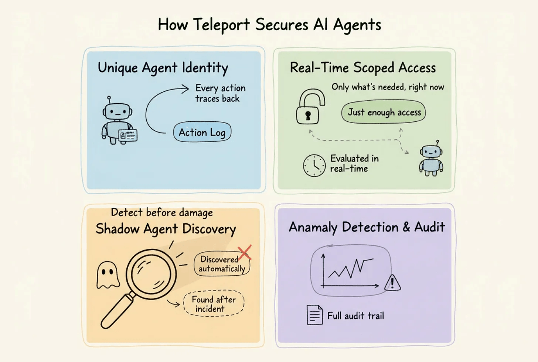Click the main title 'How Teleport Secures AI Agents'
point(269,25)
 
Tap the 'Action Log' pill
point(202,132)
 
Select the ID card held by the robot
point(128,135)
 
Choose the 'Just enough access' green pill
point(384,113)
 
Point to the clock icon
point(314,165)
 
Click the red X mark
point(245,252)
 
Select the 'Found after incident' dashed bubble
point(214,304)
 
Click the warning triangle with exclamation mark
point(392,283)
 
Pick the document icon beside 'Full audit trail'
point(314,315)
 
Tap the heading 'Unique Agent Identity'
point(163,68)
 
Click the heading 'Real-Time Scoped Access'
point(362,68)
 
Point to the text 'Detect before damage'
point(162,212)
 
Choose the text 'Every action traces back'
point(220,93)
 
